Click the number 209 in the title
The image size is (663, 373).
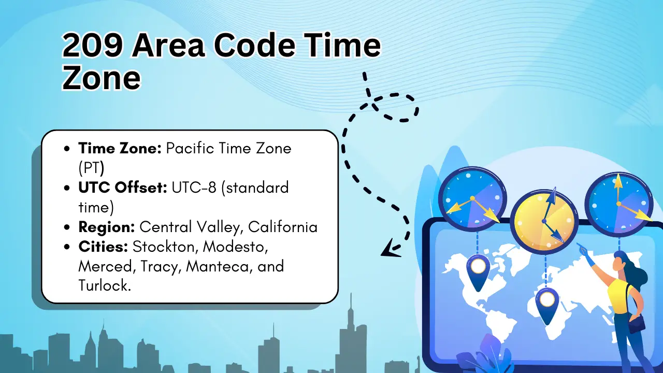coord(92,45)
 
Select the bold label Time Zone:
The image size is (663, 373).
coord(120,148)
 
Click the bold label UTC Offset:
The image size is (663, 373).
coord(123,188)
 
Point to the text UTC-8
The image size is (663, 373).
coord(194,188)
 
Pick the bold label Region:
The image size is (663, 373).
coord(107,227)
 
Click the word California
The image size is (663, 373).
coord(283,227)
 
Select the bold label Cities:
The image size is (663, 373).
coord(103,247)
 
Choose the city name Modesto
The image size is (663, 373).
coord(235,247)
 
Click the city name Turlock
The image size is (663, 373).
coord(105,285)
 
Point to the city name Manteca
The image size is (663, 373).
coord(219,266)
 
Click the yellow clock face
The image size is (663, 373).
coord(544,221)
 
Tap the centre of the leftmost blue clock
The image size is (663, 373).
coord(472,198)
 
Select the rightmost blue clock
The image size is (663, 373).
coord(618,204)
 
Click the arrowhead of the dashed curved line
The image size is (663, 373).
coord(391,249)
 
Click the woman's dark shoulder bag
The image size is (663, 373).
coord(637,324)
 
